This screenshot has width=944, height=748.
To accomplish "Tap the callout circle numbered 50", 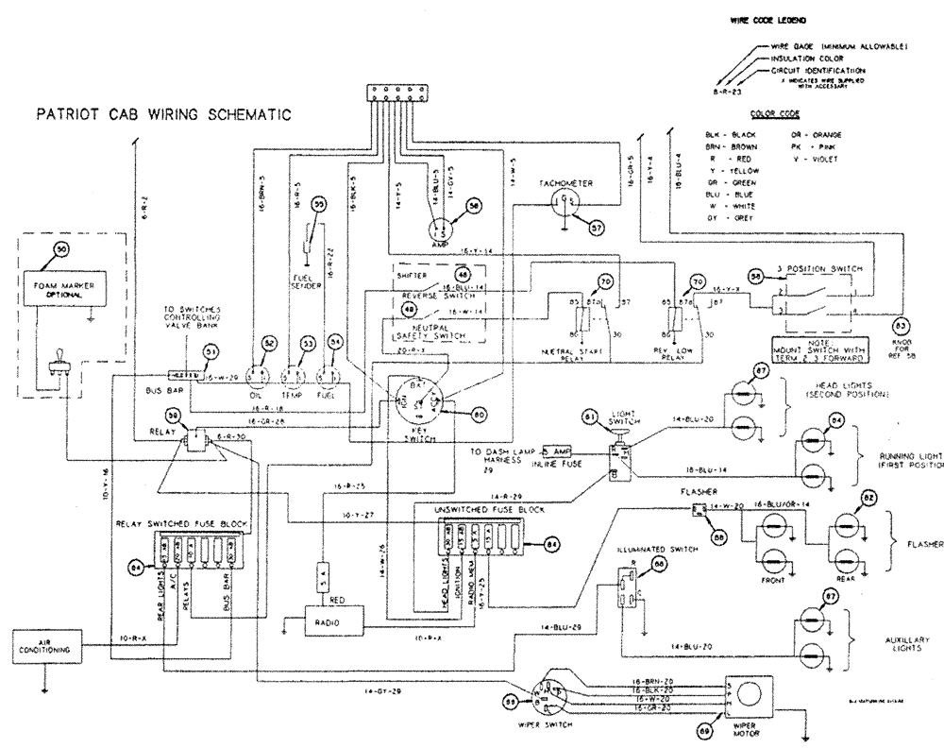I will [x=62, y=249].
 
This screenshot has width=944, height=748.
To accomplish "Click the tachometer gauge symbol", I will [x=564, y=201].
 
